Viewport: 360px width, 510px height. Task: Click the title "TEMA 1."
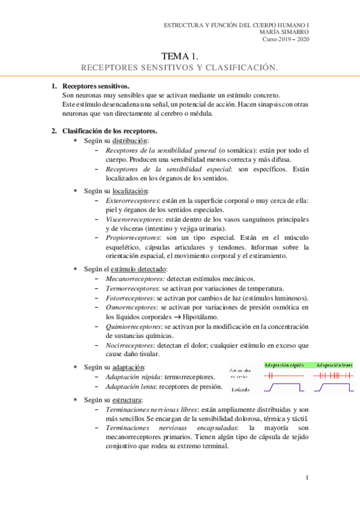[x=180, y=57]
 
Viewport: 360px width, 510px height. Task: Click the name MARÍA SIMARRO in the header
[x=285, y=32]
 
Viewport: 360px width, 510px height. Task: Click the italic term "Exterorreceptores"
[x=132, y=200]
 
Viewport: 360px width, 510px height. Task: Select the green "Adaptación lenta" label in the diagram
[x=333, y=364]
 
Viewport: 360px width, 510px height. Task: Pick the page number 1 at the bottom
[x=307, y=478]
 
